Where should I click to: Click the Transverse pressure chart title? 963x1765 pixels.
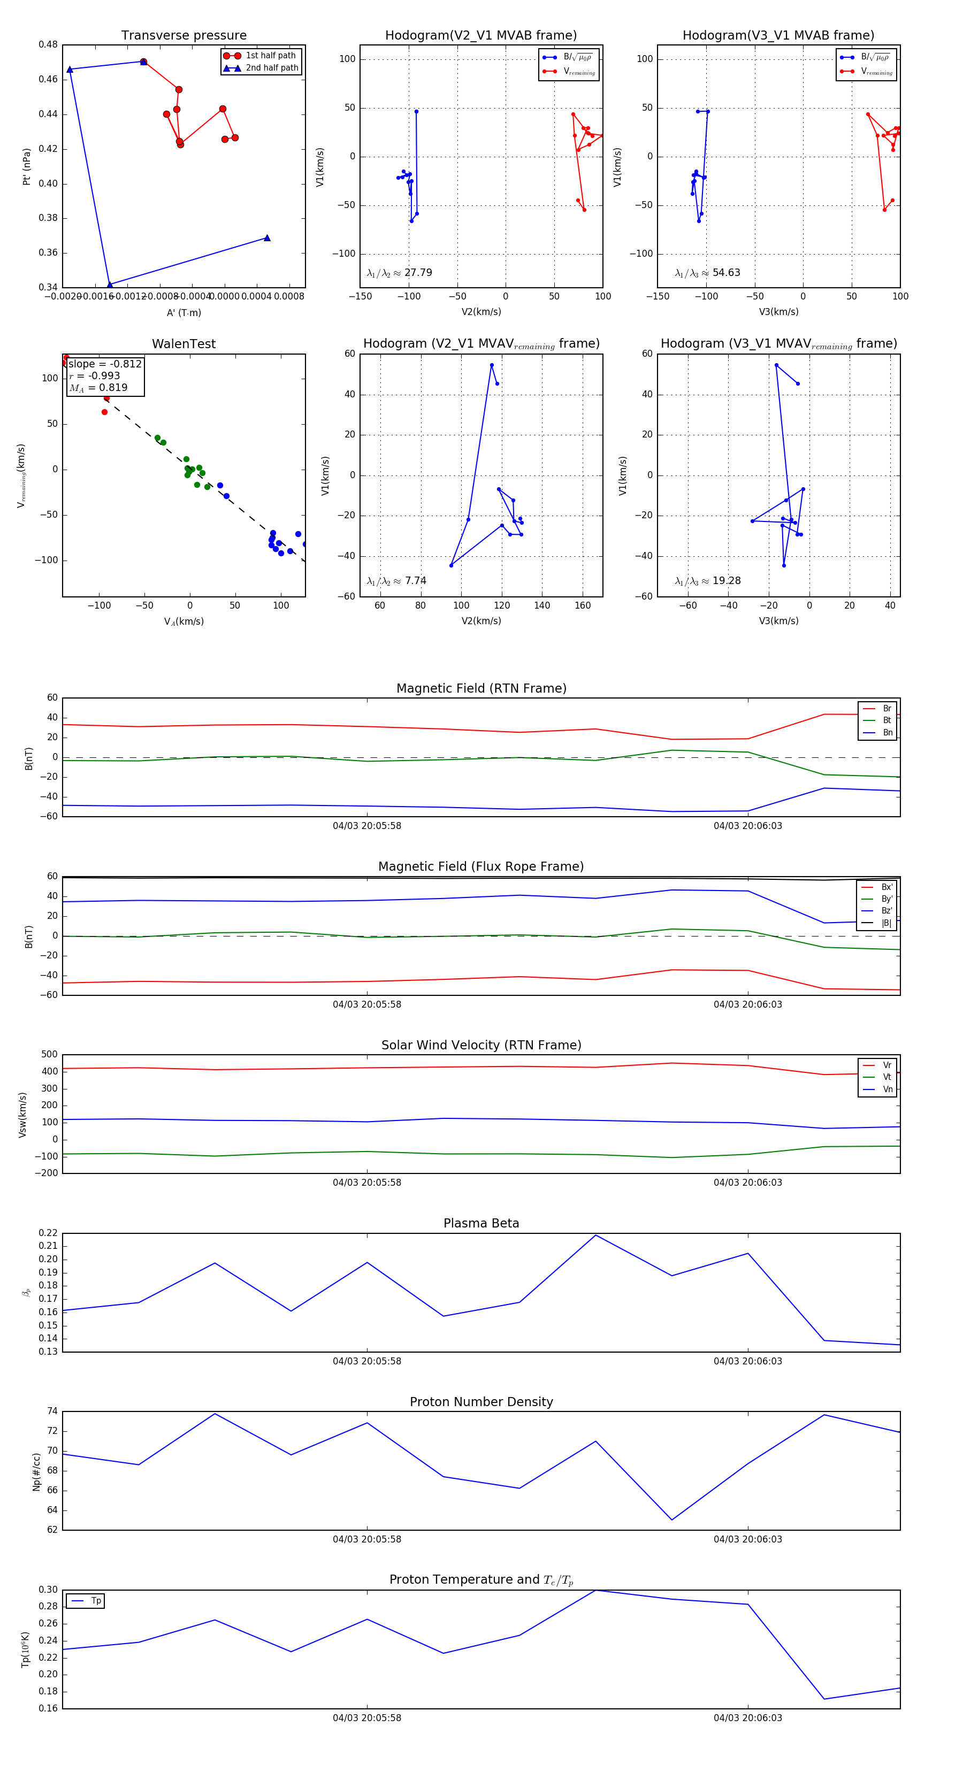(184, 36)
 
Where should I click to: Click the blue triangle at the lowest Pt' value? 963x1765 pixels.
(110, 285)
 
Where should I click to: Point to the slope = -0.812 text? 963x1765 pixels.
(105, 364)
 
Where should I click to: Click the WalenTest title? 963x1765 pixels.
(184, 344)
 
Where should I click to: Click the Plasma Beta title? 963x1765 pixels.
(481, 1223)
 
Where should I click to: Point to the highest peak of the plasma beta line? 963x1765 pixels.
(595, 1234)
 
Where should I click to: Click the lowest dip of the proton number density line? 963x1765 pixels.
(672, 1520)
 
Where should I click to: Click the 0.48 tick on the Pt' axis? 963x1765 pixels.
(48, 44)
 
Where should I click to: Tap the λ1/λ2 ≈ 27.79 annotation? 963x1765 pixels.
(399, 273)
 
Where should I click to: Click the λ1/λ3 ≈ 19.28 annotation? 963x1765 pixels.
(707, 581)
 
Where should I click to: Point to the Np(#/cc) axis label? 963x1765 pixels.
(37, 1472)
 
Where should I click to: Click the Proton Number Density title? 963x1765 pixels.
(481, 1402)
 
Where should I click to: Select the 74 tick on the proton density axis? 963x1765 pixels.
(52, 1411)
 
